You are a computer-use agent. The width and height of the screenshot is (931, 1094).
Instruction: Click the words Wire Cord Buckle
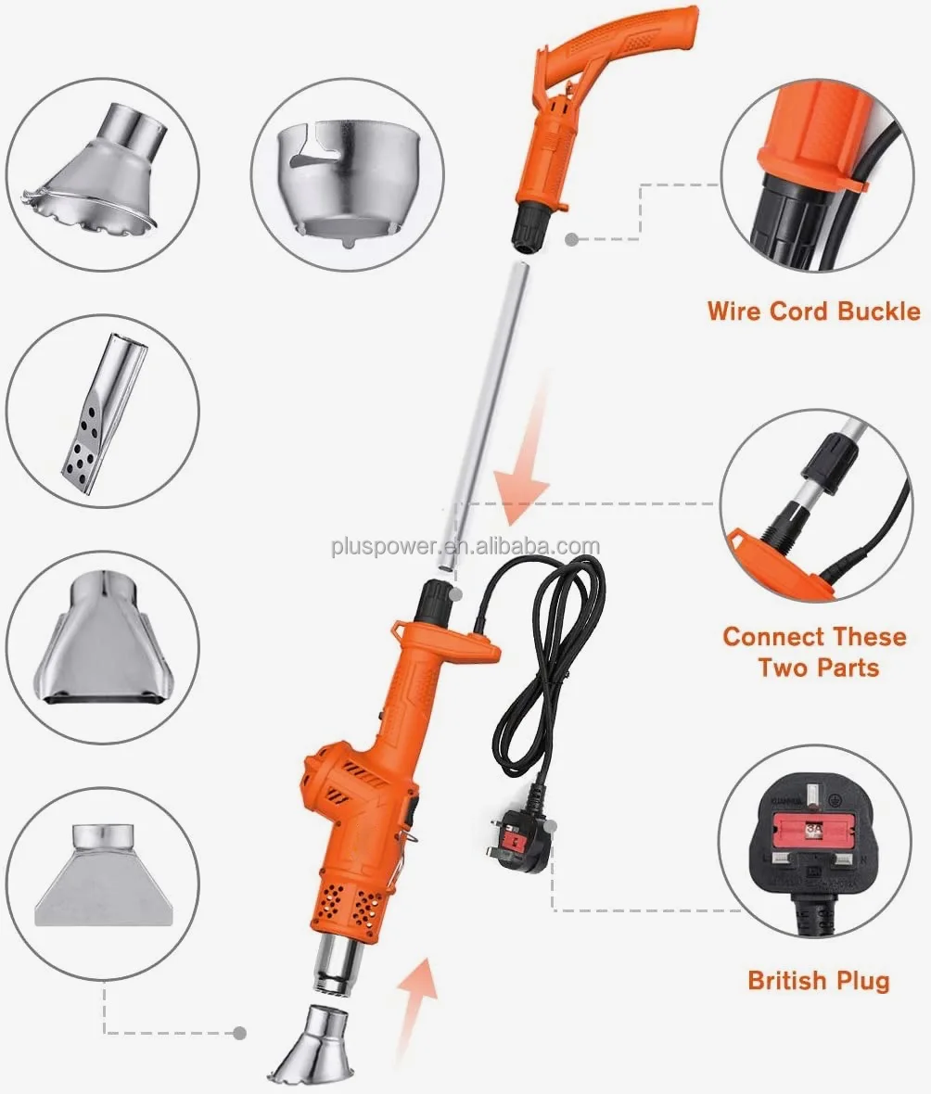pos(813,311)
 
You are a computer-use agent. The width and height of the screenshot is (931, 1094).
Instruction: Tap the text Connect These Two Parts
pos(814,652)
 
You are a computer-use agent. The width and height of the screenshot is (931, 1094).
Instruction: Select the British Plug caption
pos(818,981)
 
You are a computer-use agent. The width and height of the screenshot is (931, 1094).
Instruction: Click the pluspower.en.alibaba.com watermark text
pos(465,546)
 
